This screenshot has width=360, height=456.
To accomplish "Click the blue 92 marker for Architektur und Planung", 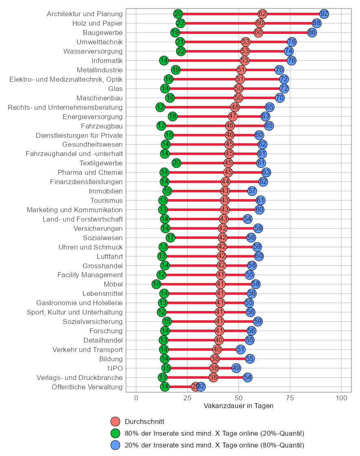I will click(x=324, y=14).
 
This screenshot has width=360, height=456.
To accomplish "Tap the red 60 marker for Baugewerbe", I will click(x=258, y=33).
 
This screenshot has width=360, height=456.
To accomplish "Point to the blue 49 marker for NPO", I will click(x=236, y=368).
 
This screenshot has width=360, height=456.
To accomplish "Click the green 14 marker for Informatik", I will click(x=164, y=61).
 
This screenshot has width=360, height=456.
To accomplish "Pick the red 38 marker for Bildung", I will click(x=215, y=359).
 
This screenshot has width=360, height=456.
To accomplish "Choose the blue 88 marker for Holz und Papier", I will click(x=316, y=23).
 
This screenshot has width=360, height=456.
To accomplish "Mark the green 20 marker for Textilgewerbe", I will click(x=176, y=163).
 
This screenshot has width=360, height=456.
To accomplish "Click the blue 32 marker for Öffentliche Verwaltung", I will click(x=201, y=387).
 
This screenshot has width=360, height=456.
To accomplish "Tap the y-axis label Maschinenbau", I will click(x=99, y=98).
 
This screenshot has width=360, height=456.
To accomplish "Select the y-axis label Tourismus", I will click(x=106, y=201).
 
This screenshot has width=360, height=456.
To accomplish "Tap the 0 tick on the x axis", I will click(x=136, y=397).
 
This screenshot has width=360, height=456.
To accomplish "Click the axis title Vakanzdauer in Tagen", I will click(x=238, y=406).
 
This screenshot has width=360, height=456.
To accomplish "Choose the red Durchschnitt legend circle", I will click(x=116, y=422).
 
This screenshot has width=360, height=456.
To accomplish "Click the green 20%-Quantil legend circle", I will click(x=116, y=433).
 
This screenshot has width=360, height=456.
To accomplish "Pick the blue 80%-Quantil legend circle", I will click(x=116, y=445).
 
